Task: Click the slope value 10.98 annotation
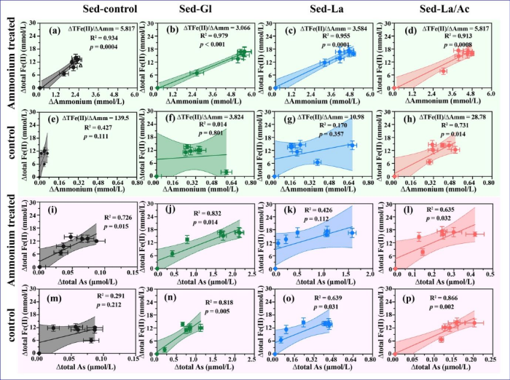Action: click(x=330, y=116)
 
